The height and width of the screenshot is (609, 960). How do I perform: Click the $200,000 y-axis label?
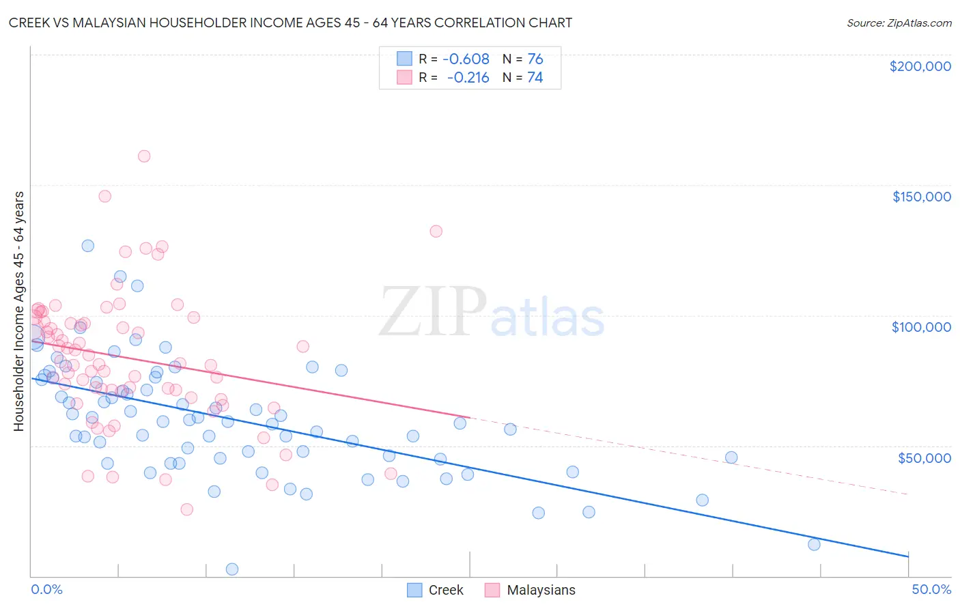point(920,66)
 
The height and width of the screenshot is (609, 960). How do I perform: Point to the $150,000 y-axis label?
point(921,197)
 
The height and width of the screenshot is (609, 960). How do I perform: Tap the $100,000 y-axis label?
point(921,327)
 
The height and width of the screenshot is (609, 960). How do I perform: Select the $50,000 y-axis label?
point(924,457)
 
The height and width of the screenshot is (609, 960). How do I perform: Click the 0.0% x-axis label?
point(46,589)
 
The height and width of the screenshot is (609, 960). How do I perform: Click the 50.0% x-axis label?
point(931,589)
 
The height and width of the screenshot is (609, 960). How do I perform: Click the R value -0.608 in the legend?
point(466,59)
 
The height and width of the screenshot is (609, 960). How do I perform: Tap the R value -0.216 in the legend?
point(468,77)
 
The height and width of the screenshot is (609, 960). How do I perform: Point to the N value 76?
point(535,59)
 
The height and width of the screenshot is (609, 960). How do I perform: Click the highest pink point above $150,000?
point(144,156)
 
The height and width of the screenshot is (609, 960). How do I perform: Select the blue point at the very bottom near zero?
point(232,569)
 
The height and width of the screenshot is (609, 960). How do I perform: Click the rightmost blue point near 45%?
point(814,544)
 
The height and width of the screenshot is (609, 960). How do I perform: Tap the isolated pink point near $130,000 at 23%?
point(436,231)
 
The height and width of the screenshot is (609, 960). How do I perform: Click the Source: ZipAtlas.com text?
point(899,23)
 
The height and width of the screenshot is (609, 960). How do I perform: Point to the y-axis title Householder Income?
point(18,311)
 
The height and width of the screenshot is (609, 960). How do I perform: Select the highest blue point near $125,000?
point(88,246)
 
